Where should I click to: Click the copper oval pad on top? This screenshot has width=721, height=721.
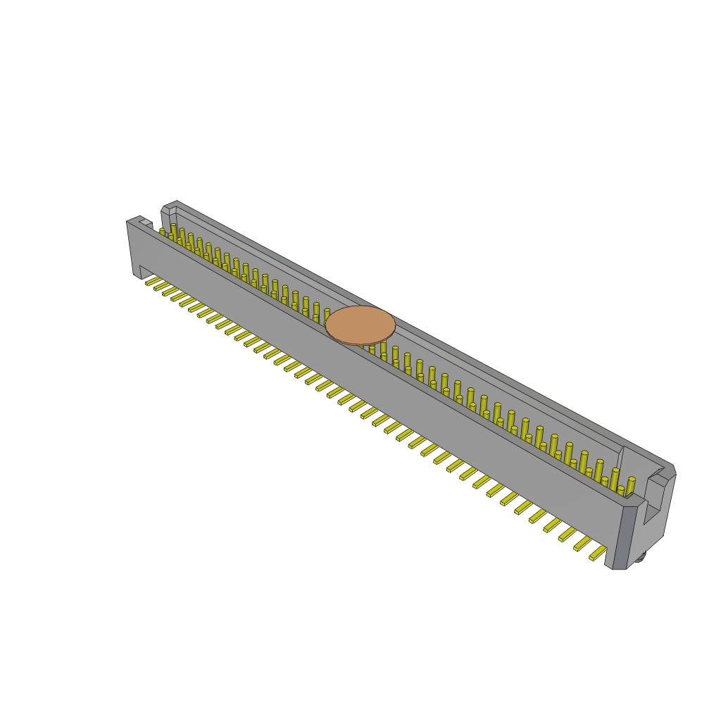(360, 325)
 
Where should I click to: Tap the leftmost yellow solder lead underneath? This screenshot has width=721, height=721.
(153, 282)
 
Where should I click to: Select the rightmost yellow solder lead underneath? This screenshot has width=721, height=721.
(598, 553)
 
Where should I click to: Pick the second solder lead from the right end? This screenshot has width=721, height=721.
(583, 543)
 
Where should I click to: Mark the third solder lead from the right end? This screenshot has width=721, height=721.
(568, 534)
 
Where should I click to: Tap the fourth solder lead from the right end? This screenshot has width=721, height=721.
(553, 525)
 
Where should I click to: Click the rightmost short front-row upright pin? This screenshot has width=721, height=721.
(620, 491)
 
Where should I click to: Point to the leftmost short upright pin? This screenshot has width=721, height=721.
(162, 232)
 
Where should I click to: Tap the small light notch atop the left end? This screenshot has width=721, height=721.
(146, 223)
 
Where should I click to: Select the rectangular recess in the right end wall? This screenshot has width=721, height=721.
(654, 500)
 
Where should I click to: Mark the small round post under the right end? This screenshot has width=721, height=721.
(640, 558)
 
